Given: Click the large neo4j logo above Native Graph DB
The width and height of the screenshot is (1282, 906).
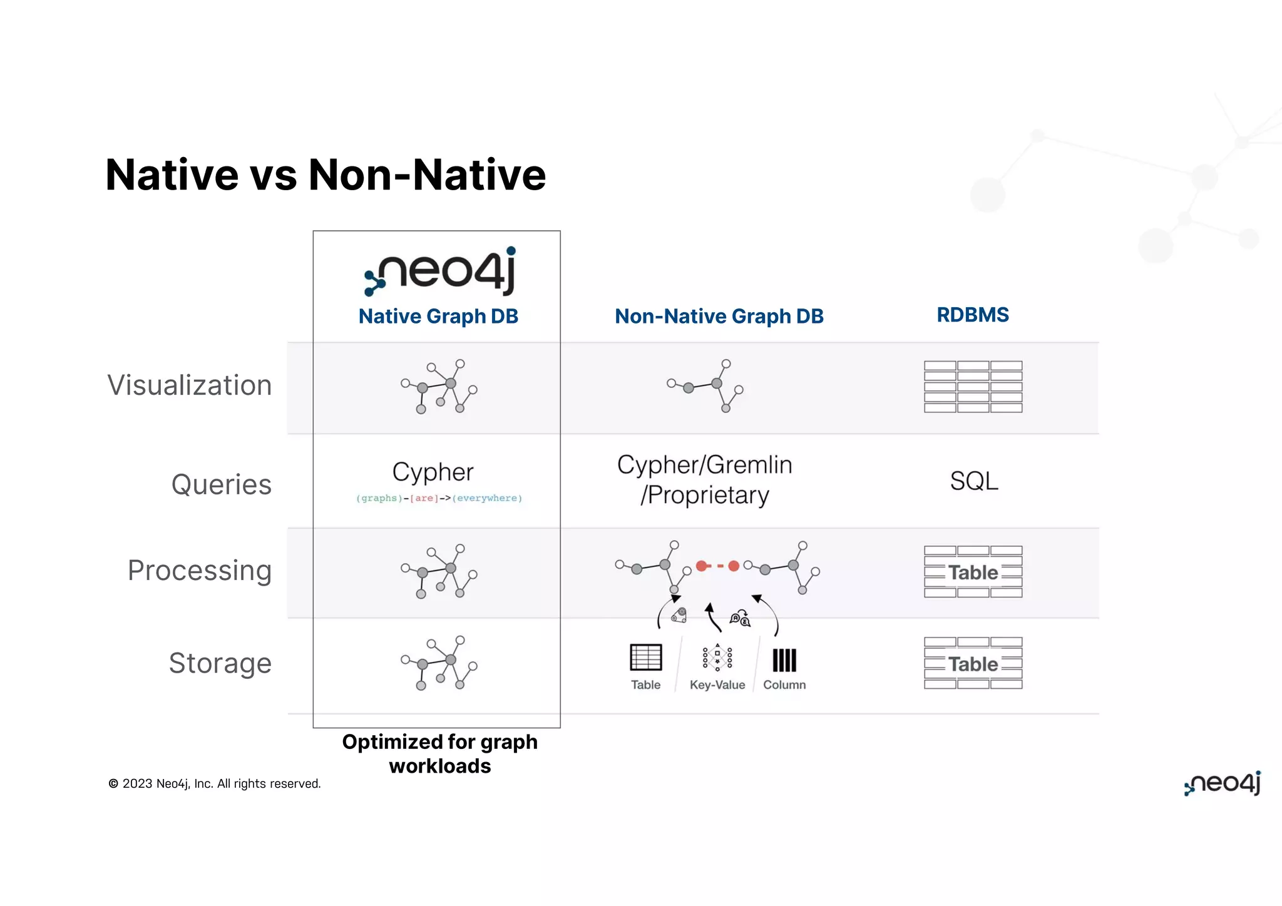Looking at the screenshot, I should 441,272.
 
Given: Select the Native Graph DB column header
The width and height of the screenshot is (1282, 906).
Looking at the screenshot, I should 438,316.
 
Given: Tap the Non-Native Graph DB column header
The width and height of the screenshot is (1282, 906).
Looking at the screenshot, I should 719,316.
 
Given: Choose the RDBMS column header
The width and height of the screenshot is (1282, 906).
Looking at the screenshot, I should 973,315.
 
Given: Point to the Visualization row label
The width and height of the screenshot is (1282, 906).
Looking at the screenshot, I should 190,385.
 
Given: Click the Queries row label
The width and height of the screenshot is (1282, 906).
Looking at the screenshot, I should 222,484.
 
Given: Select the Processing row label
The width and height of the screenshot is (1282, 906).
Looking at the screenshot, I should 200,570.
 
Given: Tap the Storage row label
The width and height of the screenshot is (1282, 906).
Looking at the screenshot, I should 220,663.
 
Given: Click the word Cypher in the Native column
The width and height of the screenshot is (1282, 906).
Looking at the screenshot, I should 433,472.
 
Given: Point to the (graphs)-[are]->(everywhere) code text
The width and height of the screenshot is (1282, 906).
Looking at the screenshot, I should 439,498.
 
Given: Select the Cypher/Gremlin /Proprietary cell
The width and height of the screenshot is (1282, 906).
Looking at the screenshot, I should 705,480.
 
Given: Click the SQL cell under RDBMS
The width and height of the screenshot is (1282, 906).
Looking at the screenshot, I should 974,481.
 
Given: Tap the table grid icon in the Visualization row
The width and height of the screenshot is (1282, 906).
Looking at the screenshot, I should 973,387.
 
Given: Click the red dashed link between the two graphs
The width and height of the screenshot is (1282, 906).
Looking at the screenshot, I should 717,566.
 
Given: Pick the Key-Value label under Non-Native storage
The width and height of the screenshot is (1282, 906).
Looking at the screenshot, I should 717,685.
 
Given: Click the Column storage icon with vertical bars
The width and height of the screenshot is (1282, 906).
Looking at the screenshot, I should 784,660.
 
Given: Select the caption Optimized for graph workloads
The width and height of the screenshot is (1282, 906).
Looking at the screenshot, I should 440,753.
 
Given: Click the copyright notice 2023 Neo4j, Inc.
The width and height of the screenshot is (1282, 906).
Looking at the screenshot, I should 215,783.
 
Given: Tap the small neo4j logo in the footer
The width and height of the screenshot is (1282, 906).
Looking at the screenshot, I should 1223,783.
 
